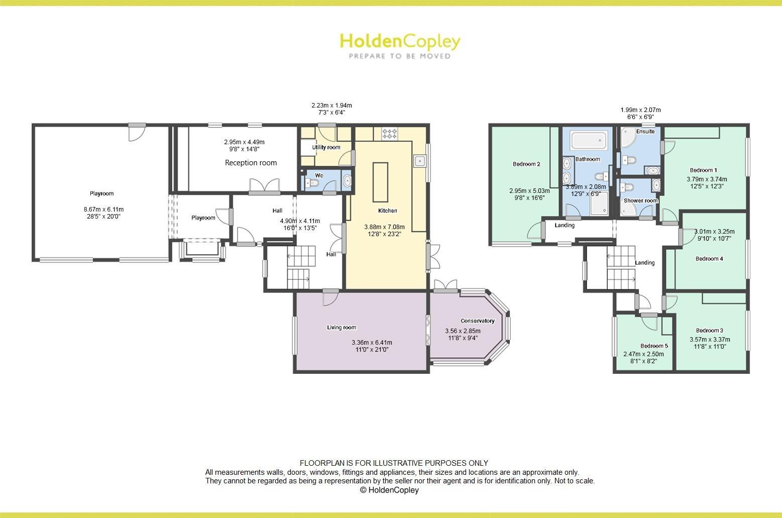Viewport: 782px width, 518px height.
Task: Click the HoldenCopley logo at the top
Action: pyautogui.click(x=400, y=41)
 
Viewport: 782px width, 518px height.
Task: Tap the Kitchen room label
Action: pyautogui.click(x=388, y=211)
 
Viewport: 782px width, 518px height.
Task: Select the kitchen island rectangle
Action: pyautogui.click(x=380, y=181)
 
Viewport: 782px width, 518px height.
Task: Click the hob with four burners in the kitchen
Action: pyautogui.click(x=390, y=134)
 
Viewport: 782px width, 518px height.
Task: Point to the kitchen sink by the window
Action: pyautogui.click(x=420, y=161)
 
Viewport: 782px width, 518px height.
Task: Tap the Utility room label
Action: pyautogui.click(x=326, y=147)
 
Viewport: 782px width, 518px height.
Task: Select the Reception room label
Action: pyautogui.click(x=251, y=163)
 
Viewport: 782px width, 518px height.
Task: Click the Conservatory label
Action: pyautogui.click(x=478, y=321)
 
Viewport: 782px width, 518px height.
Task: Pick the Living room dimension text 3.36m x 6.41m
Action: pyautogui.click(x=372, y=343)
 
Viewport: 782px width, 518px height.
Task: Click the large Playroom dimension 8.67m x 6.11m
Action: pyautogui.click(x=103, y=210)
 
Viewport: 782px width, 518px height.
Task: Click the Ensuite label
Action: pyautogui.click(x=645, y=131)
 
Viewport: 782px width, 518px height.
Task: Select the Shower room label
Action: pyautogui.click(x=640, y=200)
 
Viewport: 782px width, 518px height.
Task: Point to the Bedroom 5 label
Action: pyautogui.click(x=654, y=346)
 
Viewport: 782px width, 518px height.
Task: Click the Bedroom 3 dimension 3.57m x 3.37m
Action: pyautogui.click(x=710, y=339)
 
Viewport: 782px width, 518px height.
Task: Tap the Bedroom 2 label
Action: pyautogui.click(x=526, y=164)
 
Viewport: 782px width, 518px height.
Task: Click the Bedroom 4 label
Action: pyautogui.click(x=709, y=259)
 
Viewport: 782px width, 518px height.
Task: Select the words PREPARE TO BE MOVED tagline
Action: pyautogui.click(x=400, y=56)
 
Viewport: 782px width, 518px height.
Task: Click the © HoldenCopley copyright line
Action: pyautogui.click(x=389, y=490)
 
